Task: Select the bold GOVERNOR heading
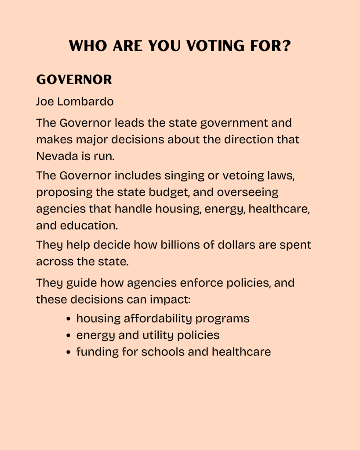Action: [74, 80]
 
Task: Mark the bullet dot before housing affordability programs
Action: [68, 319]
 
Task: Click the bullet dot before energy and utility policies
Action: [68, 336]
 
